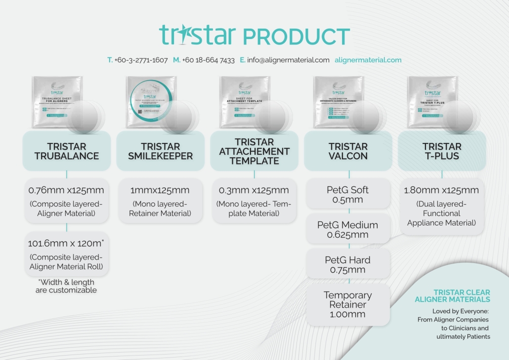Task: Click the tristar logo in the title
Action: (x=198, y=36)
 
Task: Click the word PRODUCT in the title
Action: (x=297, y=37)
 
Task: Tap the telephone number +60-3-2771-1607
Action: (x=141, y=60)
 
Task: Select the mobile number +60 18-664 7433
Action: (x=208, y=60)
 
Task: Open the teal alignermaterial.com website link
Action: (x=368, y=60)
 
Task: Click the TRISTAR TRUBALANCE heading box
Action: (x=66, y=151)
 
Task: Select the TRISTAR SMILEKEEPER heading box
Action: (x=160, y=151)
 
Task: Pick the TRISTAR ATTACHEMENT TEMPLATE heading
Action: (x=254, y=151)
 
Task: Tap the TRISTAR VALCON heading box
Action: (x=348, y=151)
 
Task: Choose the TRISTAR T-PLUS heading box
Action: (x=442, y=151)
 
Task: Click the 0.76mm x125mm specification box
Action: (x=66, y=201)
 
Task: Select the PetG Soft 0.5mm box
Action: (x=348, y=194)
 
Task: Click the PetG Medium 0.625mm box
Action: (x=348, y=229)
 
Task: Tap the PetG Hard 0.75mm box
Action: (x=348, y=265)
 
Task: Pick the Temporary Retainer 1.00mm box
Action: (x=348, y=304)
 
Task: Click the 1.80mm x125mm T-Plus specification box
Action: (x=442, y=206)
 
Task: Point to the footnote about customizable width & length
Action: (x=66, y=286)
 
